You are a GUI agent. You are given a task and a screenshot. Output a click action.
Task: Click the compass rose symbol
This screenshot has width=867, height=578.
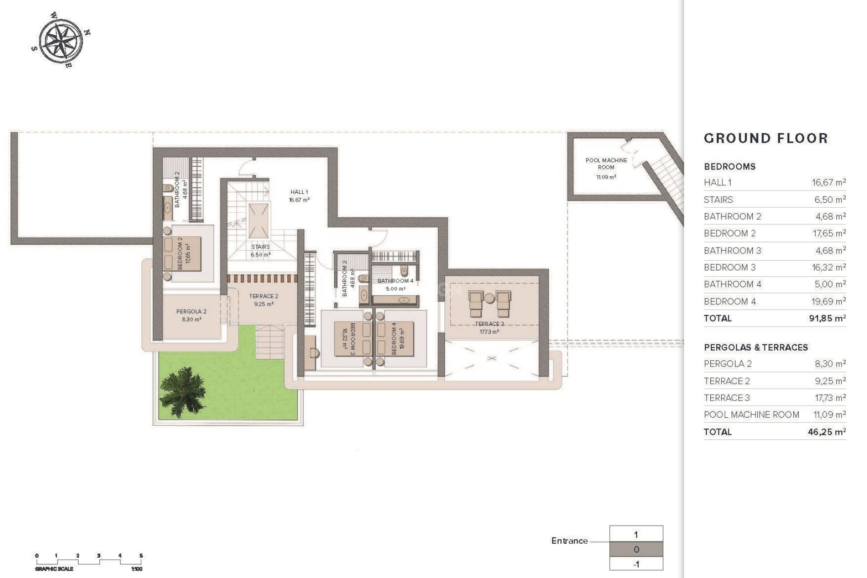[61, 40]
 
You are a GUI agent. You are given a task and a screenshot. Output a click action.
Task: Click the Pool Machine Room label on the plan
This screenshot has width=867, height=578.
[606, 163]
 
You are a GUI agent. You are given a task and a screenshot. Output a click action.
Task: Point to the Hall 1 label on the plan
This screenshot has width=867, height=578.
[299, 192]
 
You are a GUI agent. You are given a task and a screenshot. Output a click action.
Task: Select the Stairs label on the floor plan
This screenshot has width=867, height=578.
[261, 247]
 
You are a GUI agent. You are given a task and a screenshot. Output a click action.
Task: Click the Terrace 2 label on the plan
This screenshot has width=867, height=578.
[264, 296]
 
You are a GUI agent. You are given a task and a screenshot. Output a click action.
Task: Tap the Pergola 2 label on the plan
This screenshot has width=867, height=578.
[191, 312]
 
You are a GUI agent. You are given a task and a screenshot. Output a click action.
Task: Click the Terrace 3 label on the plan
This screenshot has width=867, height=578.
[489, 324]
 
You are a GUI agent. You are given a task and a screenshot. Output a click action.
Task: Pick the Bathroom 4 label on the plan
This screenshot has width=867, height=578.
[395, 281]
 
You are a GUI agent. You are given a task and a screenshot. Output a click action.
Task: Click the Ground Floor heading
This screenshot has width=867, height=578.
[766, 138]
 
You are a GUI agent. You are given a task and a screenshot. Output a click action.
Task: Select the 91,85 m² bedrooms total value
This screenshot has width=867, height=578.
[827, 318]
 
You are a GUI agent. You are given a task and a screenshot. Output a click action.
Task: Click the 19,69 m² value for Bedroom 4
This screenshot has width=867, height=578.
[829, 301]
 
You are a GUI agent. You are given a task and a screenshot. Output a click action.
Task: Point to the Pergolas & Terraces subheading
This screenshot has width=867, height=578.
[755, 347]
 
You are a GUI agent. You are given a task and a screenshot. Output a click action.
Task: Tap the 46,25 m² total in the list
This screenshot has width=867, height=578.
[826, 432]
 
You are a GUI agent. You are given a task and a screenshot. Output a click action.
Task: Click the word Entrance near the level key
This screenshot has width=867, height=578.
[569, 541]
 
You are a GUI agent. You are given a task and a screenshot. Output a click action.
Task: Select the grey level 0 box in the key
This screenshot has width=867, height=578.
[636, 550]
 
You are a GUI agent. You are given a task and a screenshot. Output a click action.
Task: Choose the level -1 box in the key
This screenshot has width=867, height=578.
[636, 564]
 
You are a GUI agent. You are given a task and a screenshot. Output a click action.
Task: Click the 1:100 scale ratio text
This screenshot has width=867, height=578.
[136, 569]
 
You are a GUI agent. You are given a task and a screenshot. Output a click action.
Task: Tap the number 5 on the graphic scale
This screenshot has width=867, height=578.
[141, 556]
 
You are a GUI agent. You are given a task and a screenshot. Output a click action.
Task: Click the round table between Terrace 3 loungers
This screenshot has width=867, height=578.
[489, 298]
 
